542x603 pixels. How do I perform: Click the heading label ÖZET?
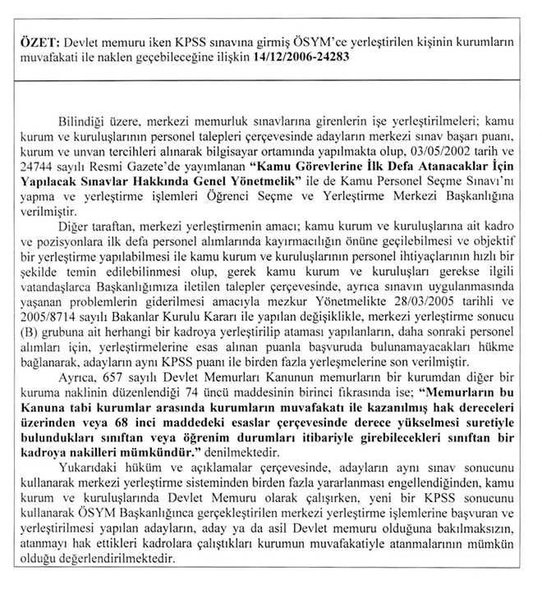click(40, 43)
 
